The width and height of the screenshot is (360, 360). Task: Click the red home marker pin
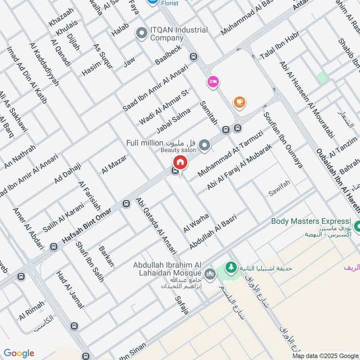(180, 162)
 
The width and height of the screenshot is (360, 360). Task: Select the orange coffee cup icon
(239, 102)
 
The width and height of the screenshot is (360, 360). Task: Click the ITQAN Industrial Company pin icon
(142, 33)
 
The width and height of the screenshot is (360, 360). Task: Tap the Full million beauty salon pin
(205, 145)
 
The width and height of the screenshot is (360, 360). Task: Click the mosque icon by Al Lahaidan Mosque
(210, 274)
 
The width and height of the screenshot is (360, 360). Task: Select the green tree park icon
(231, 267)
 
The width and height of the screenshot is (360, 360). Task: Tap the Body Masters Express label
(310, 221)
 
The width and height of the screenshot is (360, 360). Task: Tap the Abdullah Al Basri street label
(213, 231)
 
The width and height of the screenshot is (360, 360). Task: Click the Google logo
(19, 353)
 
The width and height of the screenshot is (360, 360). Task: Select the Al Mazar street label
(114, 164)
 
